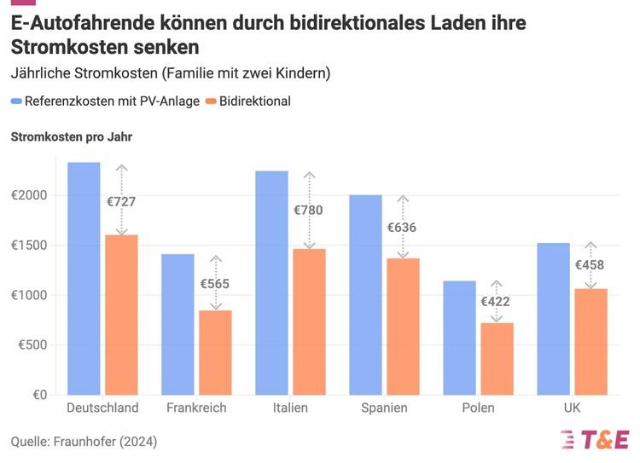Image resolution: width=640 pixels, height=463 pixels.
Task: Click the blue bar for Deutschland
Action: tap(84, 279)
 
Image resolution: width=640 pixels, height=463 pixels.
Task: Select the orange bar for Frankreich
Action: tap(215, 352)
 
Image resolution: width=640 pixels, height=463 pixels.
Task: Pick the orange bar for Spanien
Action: tap(403, 327)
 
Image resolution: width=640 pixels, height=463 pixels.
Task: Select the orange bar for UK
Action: tap(590, 341)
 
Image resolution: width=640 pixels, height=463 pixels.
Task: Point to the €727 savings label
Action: tap(121, 202)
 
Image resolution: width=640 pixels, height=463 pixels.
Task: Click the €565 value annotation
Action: tap(215, 284)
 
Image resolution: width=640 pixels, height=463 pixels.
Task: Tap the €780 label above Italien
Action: tap(309, 210)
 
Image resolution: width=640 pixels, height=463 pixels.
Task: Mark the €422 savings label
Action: tap(496, 301)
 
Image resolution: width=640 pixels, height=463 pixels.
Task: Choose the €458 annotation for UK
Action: tap(589, 264)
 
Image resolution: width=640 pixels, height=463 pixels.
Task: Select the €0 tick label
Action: tap(39, 395)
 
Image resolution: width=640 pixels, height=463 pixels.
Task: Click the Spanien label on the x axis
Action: tap(384, 408)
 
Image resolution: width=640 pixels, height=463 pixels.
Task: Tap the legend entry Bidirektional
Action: tap(254, 101)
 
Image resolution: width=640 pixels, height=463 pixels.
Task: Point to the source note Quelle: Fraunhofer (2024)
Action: tap(84, 442)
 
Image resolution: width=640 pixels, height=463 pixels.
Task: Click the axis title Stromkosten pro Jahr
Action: tap(71, 136)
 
